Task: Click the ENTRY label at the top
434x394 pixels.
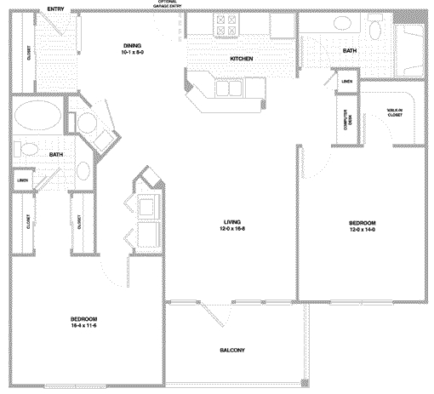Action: coord(57,9)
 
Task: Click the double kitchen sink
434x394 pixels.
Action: coord(232,86)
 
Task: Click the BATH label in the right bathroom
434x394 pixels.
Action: coord(350,51)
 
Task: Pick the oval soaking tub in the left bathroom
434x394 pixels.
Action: coord(35,116)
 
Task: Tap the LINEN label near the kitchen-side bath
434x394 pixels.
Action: coord(346,82)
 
